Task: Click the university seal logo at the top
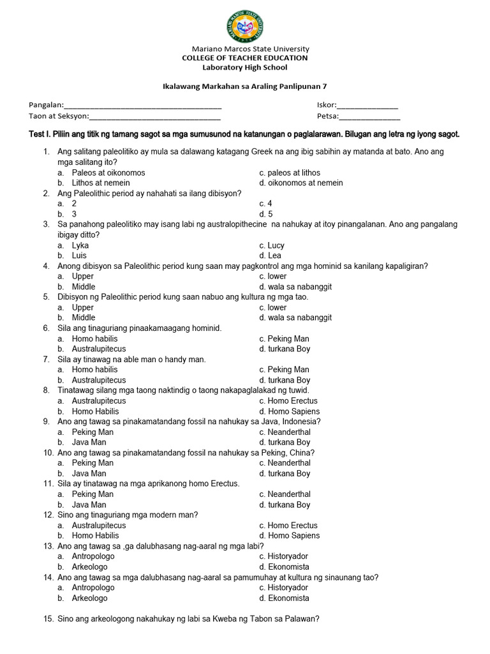245,27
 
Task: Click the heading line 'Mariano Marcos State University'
251,49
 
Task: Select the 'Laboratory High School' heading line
245,67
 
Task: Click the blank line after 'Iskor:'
367,105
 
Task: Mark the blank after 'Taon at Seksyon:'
155,117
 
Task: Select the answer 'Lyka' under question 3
80,245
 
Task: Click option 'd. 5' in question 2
266,214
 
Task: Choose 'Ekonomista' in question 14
288,598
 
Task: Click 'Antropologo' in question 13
93,556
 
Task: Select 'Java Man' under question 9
89,442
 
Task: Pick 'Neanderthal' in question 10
289,462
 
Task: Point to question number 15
48,618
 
